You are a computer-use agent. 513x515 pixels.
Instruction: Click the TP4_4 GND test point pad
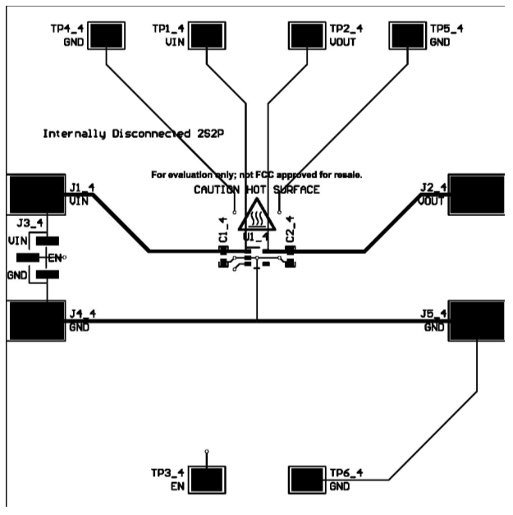pyautogui.click(x=107, y=35)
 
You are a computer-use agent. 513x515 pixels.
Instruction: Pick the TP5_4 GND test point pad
pyautogui.click(x=409, y=35)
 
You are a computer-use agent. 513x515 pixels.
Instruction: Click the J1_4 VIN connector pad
pyautogui.click(x=36, y=195)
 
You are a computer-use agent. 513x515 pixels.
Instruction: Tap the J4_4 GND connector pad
pyautogui.click(x=36, y=320)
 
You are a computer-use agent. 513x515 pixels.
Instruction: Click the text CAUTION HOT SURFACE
pyautogui.click(x=257, y=190)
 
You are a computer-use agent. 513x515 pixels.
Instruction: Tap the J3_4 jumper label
pyautogui.click(x=27, y=223)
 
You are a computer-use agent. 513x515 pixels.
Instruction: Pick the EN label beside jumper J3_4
pyautogui.click(x=55, y=258)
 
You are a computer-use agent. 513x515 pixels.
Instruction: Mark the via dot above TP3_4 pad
pyautogui.click(x=207, y=451)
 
